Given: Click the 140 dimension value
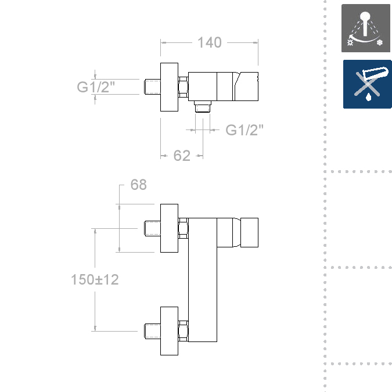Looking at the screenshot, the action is click(x=210, y=42).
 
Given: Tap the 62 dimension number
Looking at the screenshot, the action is click(x=182, y=156).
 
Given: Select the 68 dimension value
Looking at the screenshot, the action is click(x=138, y=185).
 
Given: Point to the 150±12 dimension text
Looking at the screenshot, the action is click(x=95, y=279).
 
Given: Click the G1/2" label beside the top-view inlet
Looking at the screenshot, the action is click(x=96, y=87).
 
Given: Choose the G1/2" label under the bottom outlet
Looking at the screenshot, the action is click(x=244, y=130).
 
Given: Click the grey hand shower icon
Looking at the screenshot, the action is click(x=366, y=28).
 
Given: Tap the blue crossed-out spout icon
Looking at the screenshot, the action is click(x=368, y=84).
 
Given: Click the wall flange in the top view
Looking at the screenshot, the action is click(x=169, y=87).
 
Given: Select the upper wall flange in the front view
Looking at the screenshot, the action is click(x=169, y=228).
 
